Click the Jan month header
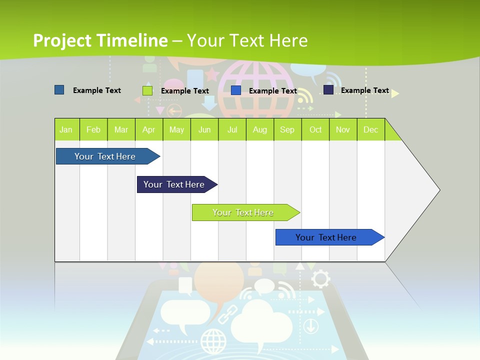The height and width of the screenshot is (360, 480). [66, 129]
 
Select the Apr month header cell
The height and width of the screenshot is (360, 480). [149, 129]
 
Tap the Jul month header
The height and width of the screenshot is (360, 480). [232, 129]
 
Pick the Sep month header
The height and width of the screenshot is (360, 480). [287, 129]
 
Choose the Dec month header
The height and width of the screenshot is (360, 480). [370, 129]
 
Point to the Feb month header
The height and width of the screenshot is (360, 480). [93, 129]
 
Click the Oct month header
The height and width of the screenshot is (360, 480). [315, 129]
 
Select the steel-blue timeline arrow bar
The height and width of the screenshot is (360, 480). [105, 156]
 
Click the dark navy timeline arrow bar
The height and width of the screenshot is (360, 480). [174, 184]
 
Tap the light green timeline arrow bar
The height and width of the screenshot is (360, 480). [243, 212]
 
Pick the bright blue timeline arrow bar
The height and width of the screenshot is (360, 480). [326, 237]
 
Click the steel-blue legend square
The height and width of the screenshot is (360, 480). [59, 90]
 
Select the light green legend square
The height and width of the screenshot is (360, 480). [147, 90]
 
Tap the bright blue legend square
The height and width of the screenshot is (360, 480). [236, 90]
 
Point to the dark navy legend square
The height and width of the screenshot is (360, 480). [328, 90]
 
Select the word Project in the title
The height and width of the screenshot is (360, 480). [61, 40]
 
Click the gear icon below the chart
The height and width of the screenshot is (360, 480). [320, 278]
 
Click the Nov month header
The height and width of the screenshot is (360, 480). [343, 129]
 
